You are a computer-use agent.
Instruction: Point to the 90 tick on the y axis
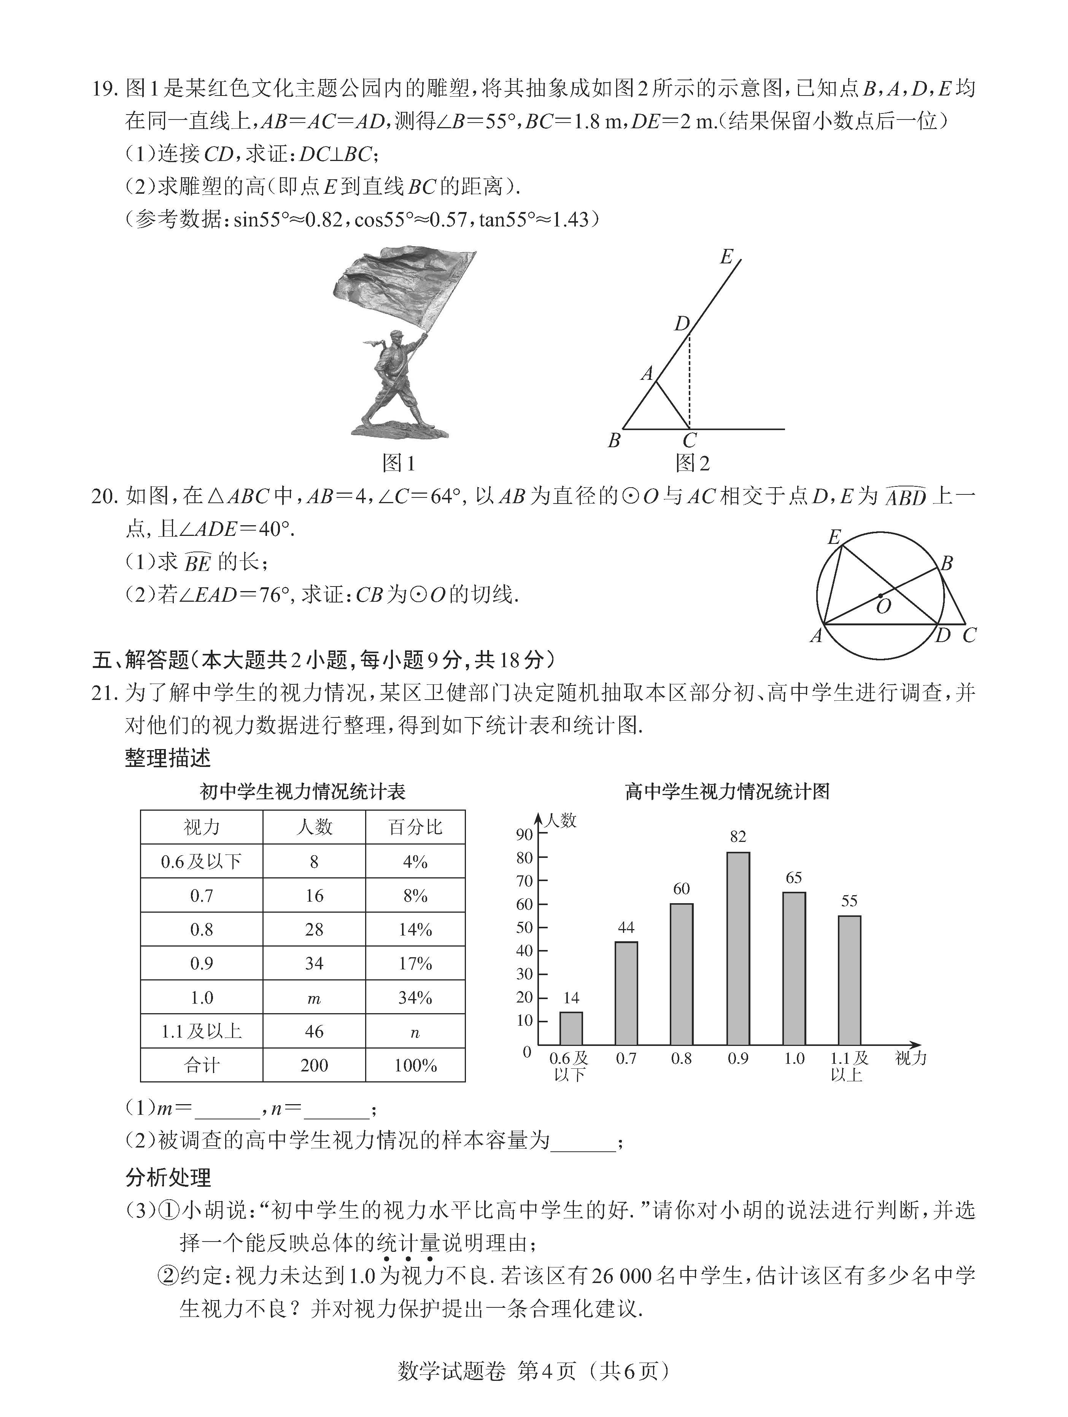[x=524, y=834]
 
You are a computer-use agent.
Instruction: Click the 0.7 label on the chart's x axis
[x=626, y=1058]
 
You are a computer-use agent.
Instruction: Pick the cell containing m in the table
[x=314, y=998]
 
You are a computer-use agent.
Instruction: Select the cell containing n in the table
[x=415, y=1032]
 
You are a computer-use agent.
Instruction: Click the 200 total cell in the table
[x=314, y=1065]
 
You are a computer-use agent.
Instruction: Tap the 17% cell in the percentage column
[x=415, y=963]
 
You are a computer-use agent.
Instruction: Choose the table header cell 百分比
[x=415, y=827]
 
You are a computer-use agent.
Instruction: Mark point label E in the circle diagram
[x=834, y=537]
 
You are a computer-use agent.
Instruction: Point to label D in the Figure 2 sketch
[x=681, y=324]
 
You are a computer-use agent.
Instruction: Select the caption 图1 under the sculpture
[x=398, y=462]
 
